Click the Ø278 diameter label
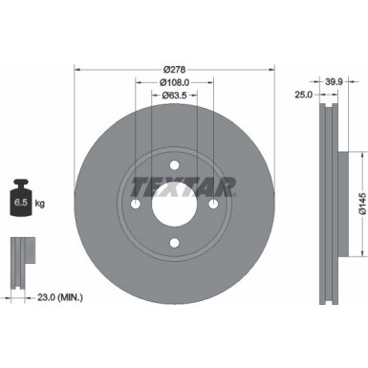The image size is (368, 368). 173,69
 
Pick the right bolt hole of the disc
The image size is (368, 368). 213,203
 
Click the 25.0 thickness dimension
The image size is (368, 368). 302,96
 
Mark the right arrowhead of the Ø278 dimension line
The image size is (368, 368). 271,69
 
